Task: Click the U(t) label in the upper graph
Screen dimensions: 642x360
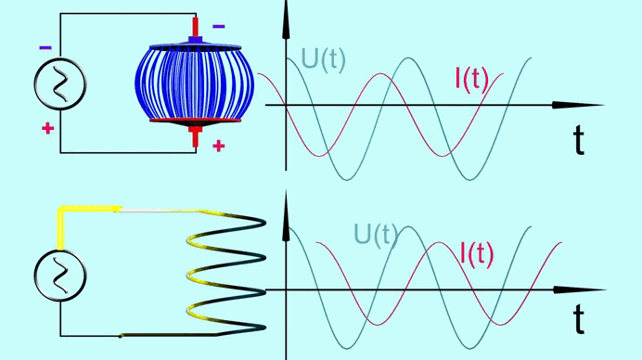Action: click(323, 59)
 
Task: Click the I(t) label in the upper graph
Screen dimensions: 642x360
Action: click(471, 79)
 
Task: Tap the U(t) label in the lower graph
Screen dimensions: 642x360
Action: click(376, 236)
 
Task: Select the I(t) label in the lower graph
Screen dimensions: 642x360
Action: click(477, 254)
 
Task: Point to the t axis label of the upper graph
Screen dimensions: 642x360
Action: click(578, 139)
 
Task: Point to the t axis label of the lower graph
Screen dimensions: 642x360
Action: click(578, 318)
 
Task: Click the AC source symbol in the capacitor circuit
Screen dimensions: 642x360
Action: click(60, 84)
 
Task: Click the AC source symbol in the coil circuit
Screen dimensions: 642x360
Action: click(60, 276)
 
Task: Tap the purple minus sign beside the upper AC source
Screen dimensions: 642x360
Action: click(45, 48)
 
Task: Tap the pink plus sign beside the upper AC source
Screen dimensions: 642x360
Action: click(48, 129)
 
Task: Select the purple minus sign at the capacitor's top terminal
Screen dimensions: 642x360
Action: click(219, 27)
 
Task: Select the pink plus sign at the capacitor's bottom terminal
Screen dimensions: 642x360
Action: click(219, 146)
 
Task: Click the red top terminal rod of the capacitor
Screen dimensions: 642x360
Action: click(196, 27)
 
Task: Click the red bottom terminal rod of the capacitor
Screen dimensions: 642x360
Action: click(196, 136)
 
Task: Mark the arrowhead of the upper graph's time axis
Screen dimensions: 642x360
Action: click(577, 105)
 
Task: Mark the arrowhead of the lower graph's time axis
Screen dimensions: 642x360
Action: click(578, 289)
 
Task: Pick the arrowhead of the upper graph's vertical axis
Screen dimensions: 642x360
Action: click(286, 20)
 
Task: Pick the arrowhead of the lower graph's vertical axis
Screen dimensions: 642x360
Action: click(286, 215)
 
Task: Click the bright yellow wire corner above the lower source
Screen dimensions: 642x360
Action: click(61, 210)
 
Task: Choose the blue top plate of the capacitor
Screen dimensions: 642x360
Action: click(196, 46)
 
